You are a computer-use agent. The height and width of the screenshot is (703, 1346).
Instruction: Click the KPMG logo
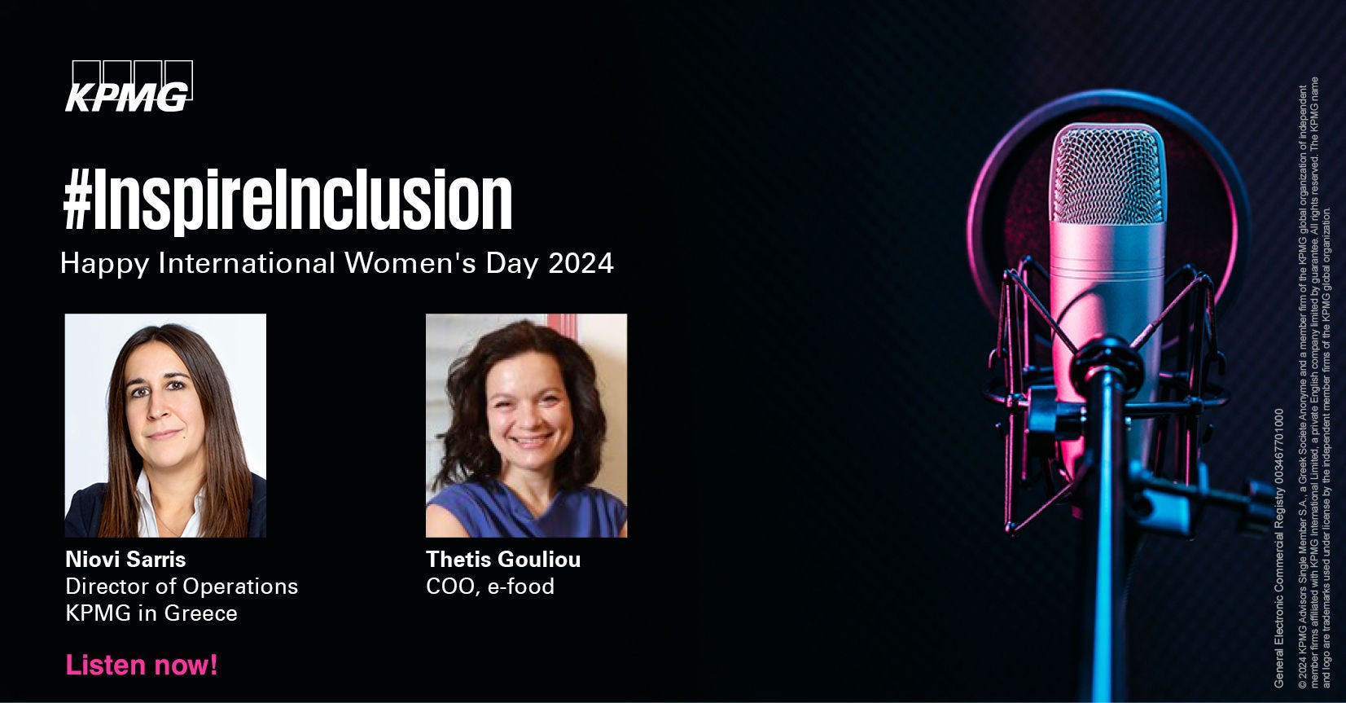[129, 86]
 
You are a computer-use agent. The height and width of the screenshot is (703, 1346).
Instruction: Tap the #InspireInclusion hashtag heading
[287, 200]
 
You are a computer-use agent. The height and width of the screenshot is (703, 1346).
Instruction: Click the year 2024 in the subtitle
[581, 263]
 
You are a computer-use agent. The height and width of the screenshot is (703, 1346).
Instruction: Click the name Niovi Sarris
[125, 560]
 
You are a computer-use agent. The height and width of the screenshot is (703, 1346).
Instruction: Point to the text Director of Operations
[182, 587]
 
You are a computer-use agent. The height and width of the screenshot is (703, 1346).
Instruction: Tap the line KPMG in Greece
[151, 613]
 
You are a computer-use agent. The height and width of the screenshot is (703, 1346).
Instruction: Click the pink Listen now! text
[142, 665]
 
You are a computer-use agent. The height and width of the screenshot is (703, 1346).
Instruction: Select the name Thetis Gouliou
[503, 560]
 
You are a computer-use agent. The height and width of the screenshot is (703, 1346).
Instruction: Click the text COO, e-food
[490, 587]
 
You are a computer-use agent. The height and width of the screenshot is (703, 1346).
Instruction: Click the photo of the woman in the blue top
[526, 425]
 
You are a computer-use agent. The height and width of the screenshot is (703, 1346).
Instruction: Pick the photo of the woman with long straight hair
[165, 425]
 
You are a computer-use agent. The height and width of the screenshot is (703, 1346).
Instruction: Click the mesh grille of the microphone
[1107, 175]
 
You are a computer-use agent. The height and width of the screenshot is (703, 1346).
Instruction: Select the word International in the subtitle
[247, 263]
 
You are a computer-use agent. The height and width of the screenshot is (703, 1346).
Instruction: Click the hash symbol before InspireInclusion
[77, 201]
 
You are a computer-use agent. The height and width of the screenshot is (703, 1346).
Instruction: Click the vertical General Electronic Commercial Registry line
[1278, 548]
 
